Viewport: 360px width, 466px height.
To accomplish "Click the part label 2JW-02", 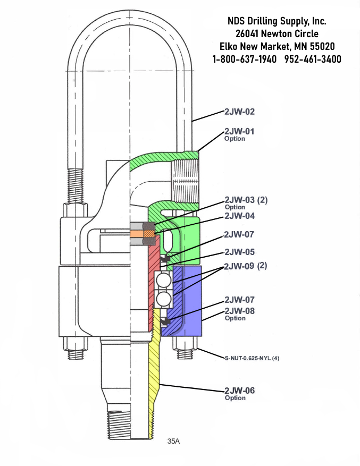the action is click(239, 112).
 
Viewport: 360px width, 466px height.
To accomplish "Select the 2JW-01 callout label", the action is click(239, 131).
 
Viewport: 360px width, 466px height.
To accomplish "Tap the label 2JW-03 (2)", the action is click(246, 200).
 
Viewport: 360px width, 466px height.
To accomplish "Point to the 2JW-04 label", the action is click(239, 216).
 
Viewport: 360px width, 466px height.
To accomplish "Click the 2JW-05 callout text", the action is click(239, 252).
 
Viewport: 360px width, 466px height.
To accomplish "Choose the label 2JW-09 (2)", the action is click(246, 266).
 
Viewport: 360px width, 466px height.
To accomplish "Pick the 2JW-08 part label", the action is click(239, 311).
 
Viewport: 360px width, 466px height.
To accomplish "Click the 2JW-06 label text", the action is click(239, 391).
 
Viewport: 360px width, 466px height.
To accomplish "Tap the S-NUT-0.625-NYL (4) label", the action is click(252, 359).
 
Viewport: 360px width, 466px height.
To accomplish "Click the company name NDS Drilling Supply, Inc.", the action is click(277, 21).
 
